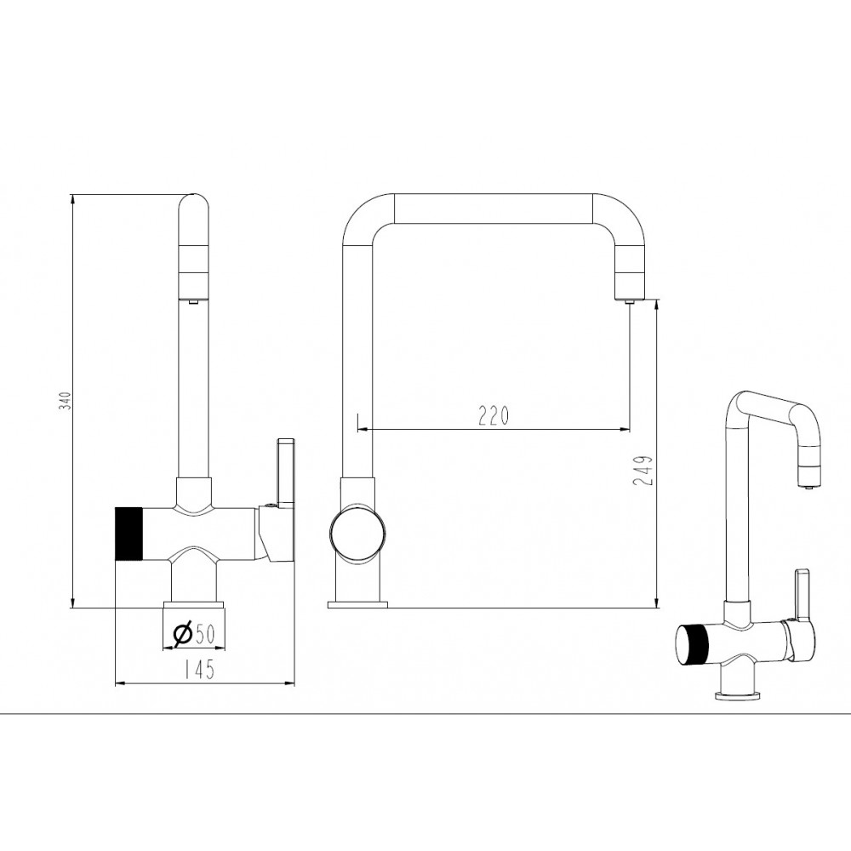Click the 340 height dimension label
pyautogui.click(x=66, y=400)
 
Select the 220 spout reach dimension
pyautogui.click(x=494, y=416)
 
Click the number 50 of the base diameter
pyautogui.click(x=204, y=633)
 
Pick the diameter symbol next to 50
pyautogui.click(x=182, y=633)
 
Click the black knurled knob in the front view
pyautogui.click(x=129, y=533)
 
